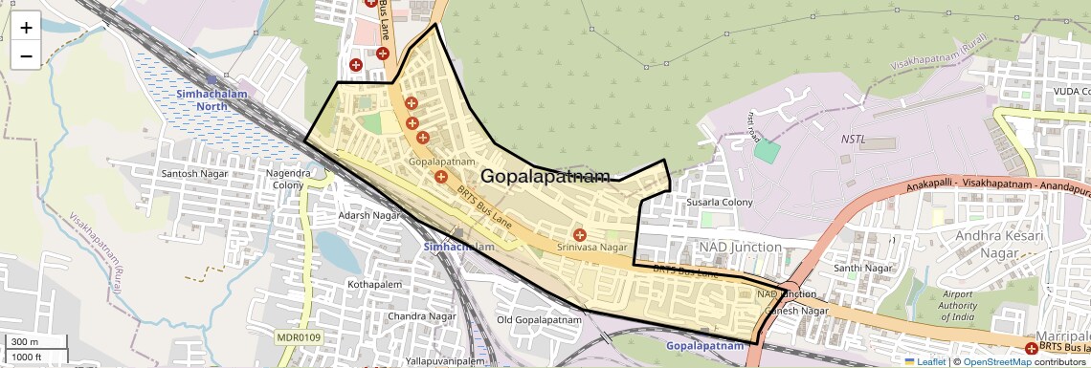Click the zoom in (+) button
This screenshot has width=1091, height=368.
26,28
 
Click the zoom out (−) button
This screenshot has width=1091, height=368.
26,56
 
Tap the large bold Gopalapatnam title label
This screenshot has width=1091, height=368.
545,177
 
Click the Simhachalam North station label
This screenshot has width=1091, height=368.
202,99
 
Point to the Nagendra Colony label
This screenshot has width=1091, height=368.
287,179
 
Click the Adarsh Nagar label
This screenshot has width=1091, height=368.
368,216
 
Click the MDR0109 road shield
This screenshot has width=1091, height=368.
300,337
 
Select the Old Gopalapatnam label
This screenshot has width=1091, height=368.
539,320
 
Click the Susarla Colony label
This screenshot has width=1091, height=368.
720,203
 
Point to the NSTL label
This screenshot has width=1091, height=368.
853,140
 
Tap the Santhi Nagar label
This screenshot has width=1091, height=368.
862,269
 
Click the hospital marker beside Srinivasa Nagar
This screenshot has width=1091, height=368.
579,235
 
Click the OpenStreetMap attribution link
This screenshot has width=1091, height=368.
996,361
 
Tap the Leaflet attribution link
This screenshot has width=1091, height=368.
924,361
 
